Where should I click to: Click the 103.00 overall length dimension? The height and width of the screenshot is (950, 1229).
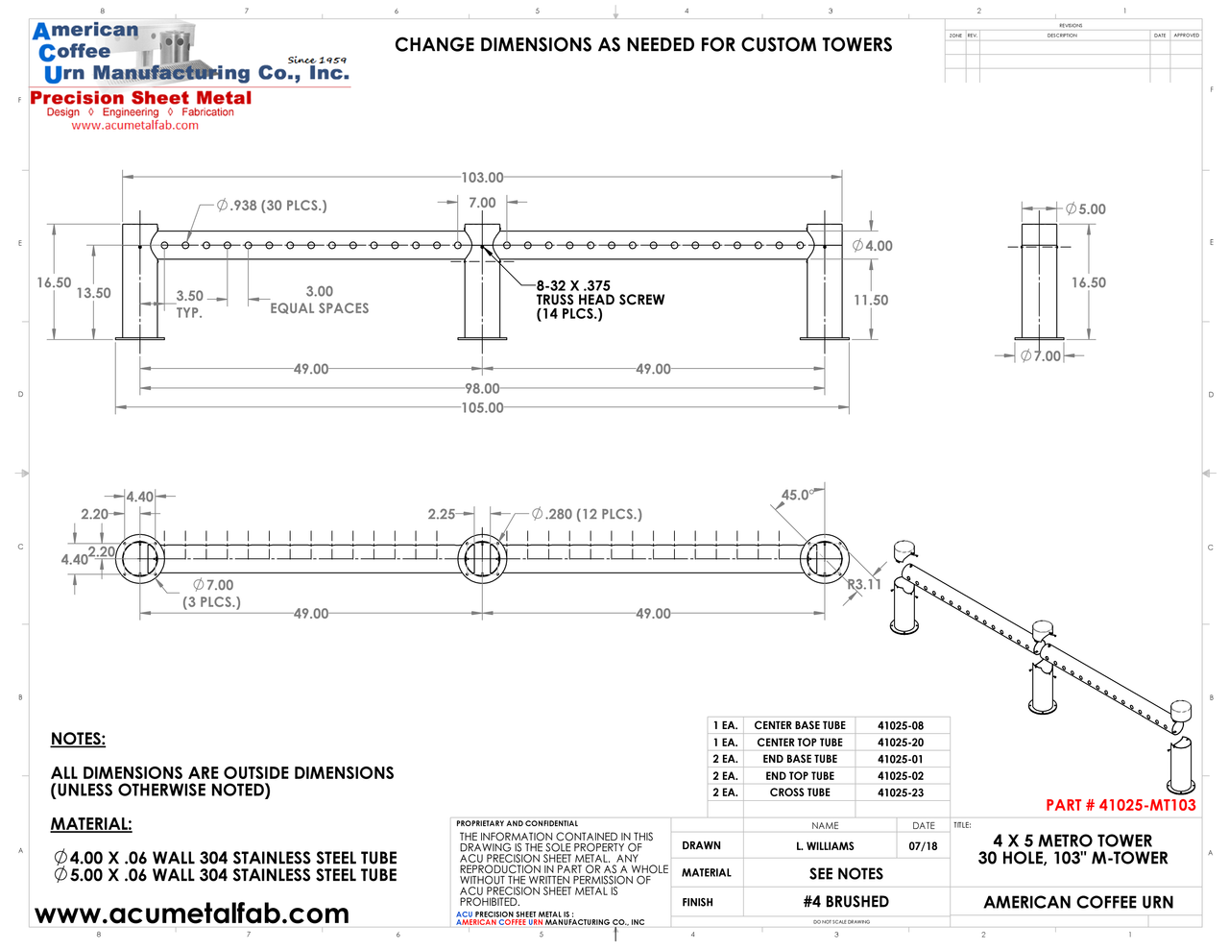click(x=482, y=178)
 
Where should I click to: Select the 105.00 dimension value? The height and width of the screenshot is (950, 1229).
click(x=482, y=408)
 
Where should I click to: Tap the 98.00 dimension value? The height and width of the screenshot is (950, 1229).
click(x=482, y=389)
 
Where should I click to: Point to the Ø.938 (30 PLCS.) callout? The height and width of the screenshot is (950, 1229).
click(x=272, y=206)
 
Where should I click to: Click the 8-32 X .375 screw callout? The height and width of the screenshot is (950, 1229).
click(x=573, y=286)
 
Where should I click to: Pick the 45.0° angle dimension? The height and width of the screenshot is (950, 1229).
click(x=797, y=496)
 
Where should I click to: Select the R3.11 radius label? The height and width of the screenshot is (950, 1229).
click(x=863, y=584)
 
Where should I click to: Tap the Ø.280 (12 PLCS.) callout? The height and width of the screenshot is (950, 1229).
click(x=587, y=515)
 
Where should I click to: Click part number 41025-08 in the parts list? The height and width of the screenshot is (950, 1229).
click(x=900, y=726)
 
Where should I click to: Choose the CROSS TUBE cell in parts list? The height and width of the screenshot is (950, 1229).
click(x=799, y=793)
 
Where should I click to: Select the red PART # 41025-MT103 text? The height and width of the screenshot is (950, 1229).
click(x=1121, y=806)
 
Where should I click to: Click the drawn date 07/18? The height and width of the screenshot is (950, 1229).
click(x=923, y=846)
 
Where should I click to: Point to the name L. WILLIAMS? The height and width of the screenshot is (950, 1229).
click(x=825, y=846)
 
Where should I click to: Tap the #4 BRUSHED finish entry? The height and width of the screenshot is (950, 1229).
click(x=846, y=902)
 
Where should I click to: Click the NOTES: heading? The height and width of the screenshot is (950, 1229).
click(x=78, y=740)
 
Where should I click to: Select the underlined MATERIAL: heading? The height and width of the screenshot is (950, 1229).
click(x=91, y=825)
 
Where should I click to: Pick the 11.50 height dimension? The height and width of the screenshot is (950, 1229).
click(x=871, y=301)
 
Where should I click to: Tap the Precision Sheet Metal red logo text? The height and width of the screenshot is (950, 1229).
click(x=141, y=98)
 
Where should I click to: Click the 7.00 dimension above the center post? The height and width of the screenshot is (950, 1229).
click(x=482, y=204)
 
